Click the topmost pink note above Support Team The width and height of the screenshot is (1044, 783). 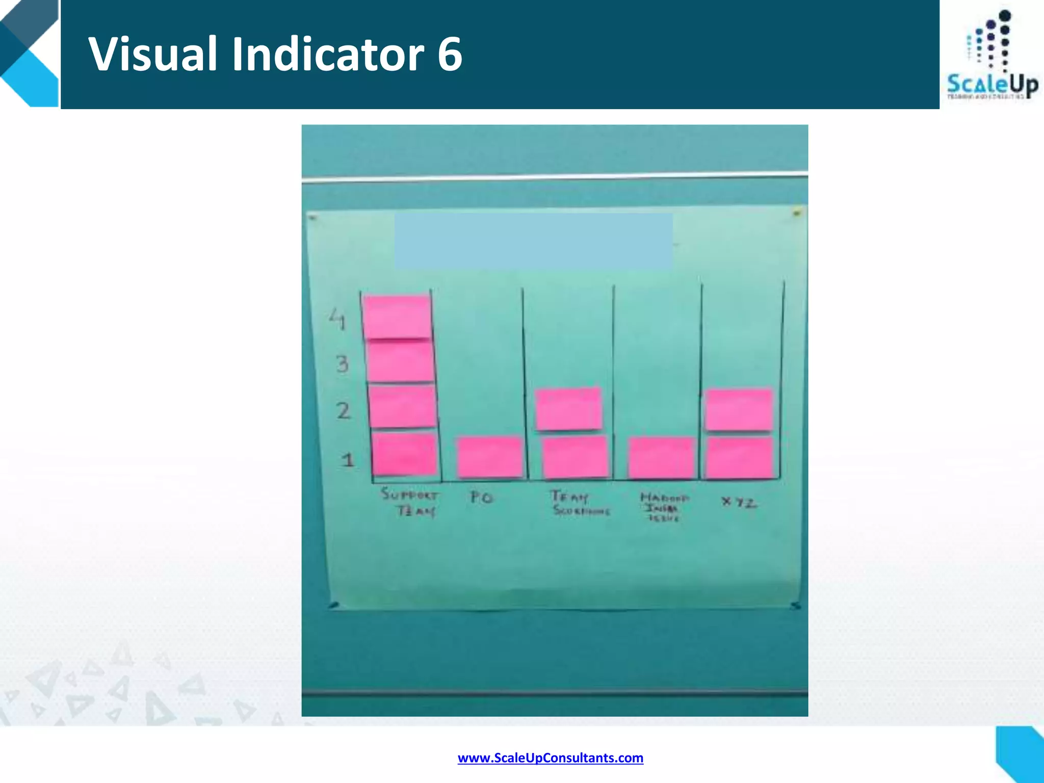(398, 316)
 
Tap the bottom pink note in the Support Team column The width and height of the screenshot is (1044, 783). (404, 454)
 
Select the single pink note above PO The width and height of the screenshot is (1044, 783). (490, 457)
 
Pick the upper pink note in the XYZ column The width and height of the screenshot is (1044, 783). (739, 409)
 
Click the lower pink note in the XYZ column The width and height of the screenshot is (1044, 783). (739, 457)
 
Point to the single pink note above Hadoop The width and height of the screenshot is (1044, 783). (661, 457)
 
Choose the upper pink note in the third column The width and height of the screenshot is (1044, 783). (568, 408)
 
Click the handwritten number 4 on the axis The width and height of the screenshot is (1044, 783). (337, 319)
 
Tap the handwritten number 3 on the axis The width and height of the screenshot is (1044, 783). (342, 364)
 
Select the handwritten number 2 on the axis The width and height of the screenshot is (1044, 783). (343, 410)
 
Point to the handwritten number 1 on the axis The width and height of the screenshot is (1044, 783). (348, 460)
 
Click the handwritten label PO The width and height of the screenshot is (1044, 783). (482, 497)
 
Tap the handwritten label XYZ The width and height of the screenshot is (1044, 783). (739, 503)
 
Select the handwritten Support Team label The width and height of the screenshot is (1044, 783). (410, 503)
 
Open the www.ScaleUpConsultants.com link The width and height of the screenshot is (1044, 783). (551, 758)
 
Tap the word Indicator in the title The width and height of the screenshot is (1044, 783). (328, 54)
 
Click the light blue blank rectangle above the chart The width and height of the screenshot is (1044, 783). (533, 241)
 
